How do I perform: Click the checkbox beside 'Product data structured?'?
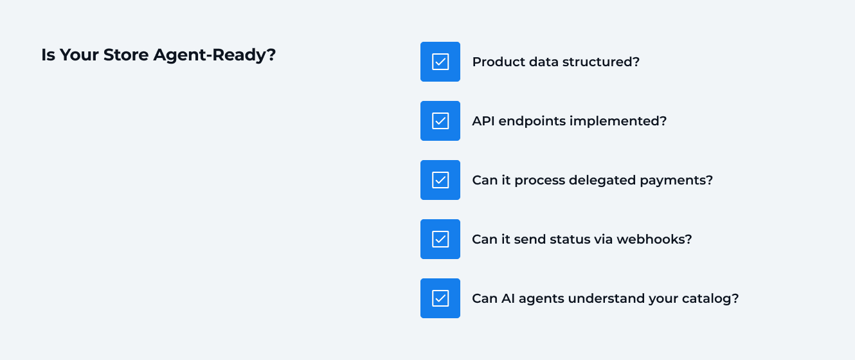click(440, 62)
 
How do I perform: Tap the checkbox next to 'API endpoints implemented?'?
click(440, 121)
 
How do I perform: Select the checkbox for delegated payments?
click(440, 180)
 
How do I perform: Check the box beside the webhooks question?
click(440, 239)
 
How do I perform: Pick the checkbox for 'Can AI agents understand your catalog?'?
click(440, 298)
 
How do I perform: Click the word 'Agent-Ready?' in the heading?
click(215, 55)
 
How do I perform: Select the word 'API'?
click(483, 122)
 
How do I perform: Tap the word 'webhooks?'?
click(654, 240)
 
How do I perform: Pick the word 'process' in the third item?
click(541, 181)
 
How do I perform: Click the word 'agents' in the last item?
click(540, 299)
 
